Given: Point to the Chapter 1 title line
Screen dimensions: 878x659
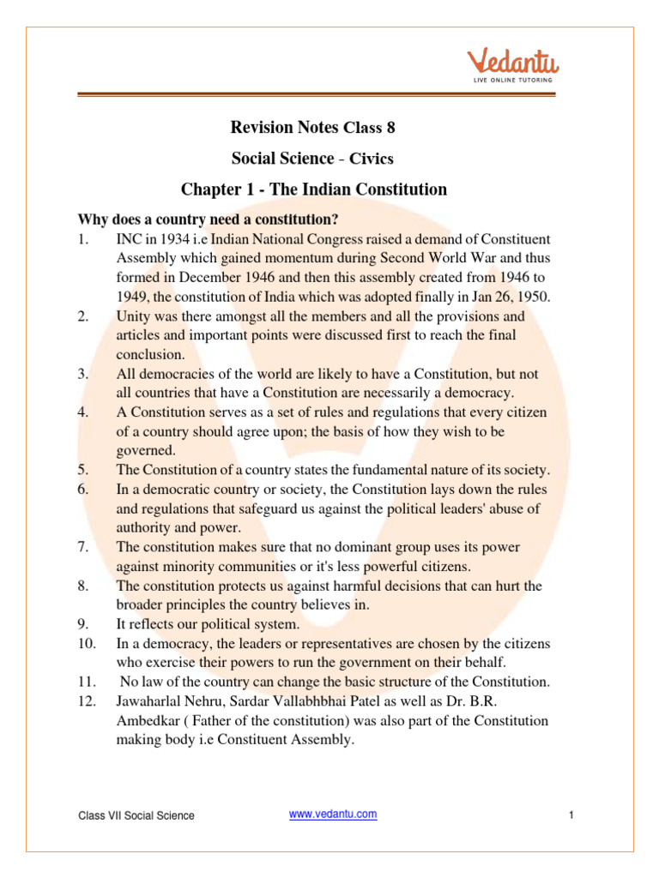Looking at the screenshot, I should (314, 189).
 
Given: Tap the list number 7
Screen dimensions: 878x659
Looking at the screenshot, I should (82, 546).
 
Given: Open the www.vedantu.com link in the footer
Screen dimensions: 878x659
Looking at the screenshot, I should (333, 814).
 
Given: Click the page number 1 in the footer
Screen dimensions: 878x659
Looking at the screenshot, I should (570, 815).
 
